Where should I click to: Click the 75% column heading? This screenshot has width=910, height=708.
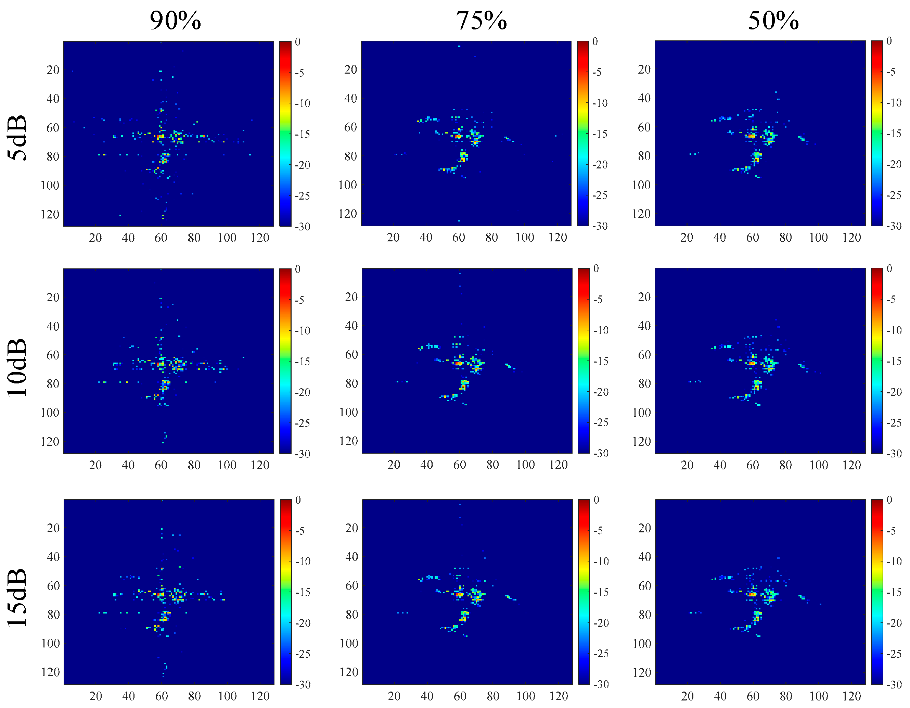click(481, 21)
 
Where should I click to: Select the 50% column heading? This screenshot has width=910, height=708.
click(773, 21)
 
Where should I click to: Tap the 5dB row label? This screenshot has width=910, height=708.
click(17, 138)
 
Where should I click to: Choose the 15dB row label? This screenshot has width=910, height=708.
click(17, 597)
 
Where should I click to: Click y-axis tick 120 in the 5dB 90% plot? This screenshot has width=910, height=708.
click(50, 214)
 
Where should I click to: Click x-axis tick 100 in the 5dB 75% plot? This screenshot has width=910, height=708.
click(525, 238)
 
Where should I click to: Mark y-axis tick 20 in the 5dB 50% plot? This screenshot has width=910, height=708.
click(644, 69)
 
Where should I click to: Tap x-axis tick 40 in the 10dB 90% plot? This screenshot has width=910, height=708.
click(128, 465)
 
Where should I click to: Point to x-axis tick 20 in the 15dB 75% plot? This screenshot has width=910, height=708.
click(394, 696)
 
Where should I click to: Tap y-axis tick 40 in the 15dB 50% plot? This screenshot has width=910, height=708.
click(644, 557)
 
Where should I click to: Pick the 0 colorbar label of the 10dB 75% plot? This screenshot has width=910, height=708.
click(596, 268)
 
